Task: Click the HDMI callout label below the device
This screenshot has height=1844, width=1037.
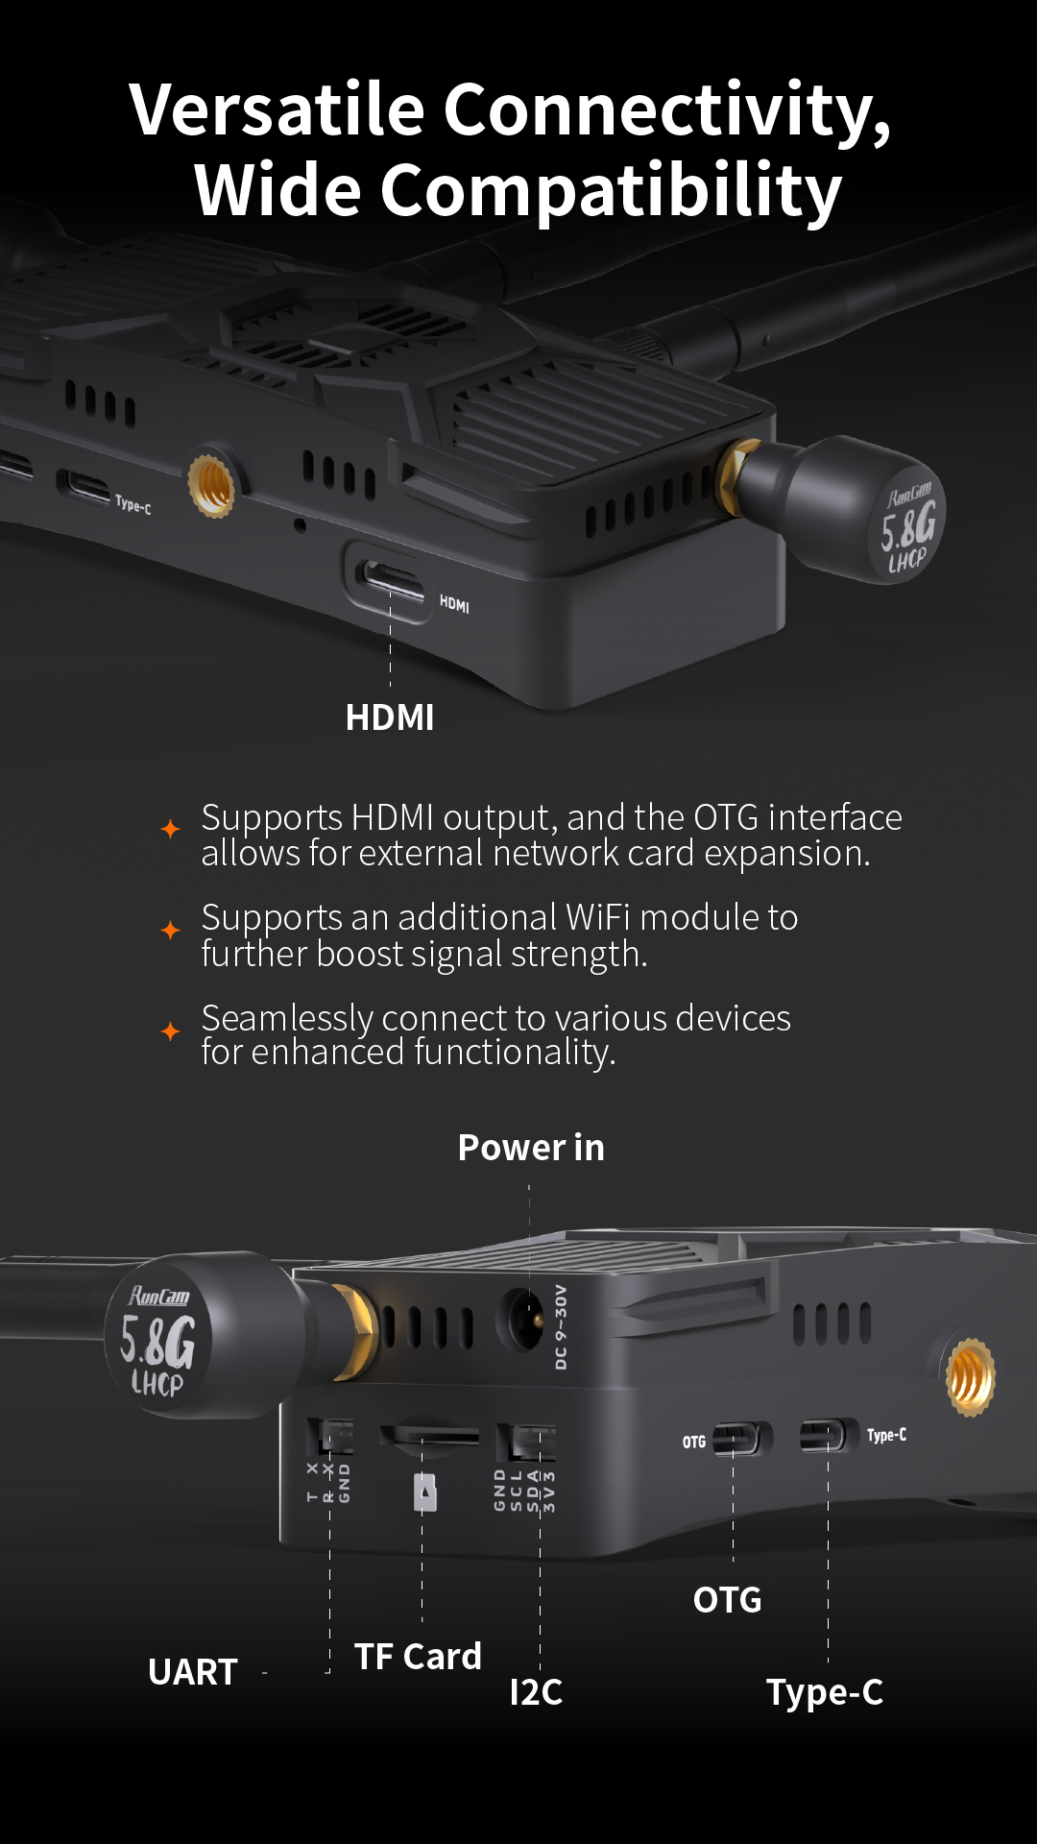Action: coord(390,717)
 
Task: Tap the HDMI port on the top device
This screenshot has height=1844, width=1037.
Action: coord(390,580)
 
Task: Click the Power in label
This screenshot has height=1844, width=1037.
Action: coord(531,1148)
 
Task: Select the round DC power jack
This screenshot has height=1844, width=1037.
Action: coord(521,1321)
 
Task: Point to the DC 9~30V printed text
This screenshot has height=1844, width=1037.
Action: coord(562,1326)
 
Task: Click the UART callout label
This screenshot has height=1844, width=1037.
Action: coord(193,1672)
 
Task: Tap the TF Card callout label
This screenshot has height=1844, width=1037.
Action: coord(418,1657)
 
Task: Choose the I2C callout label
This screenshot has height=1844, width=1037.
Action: coord(536,1692)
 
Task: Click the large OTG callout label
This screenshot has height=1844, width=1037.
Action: coord(728,1600)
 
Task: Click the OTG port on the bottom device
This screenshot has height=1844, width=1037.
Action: coord(741,1439)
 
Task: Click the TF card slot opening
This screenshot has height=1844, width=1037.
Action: coord(429,1434)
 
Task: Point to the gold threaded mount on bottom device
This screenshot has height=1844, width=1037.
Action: coord(971,1377)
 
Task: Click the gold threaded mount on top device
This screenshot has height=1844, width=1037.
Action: coord(211,485)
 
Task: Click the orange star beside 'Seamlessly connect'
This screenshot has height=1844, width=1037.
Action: coord(171,1031)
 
